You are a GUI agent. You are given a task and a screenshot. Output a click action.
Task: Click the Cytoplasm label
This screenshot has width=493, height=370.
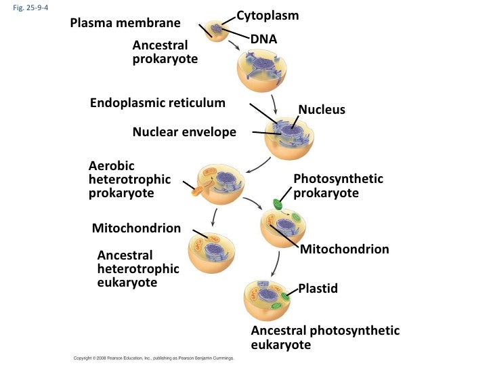coord(267,15)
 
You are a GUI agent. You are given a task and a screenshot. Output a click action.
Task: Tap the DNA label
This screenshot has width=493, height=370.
coord(263,40)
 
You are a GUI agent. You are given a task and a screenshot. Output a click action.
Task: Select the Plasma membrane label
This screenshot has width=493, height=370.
coord(125,24)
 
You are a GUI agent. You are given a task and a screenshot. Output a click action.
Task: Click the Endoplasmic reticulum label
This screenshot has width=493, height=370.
coord(157,103)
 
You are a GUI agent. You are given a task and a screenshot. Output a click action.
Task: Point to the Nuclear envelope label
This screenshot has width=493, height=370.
coord(184,132)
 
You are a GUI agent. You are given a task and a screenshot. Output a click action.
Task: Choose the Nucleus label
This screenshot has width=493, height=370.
coord(322,110)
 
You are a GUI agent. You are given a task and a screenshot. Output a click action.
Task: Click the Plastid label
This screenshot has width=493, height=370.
coord(318,289)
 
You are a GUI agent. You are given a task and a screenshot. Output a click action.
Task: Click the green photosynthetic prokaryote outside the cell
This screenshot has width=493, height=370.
coord(278,203)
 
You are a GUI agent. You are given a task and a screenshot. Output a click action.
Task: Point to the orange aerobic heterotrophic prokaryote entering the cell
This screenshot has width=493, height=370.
coord(197,188)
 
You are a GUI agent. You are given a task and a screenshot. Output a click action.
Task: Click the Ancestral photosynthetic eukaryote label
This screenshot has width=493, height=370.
coord(324,337)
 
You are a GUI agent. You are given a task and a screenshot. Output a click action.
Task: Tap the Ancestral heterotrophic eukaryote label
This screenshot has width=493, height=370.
coord(137,269)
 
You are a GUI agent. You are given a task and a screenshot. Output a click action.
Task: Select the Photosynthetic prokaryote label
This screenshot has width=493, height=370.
coord(337,186)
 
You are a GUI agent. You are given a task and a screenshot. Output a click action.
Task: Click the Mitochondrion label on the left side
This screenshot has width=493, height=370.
coord(136,228)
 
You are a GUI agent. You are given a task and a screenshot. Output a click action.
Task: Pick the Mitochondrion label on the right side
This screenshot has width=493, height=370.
coord(344,249)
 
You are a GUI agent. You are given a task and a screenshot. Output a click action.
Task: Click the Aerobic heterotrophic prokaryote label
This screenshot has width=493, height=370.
coord(129,180)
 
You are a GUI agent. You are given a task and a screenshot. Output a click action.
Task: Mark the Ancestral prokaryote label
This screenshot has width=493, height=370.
coord(165,52)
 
